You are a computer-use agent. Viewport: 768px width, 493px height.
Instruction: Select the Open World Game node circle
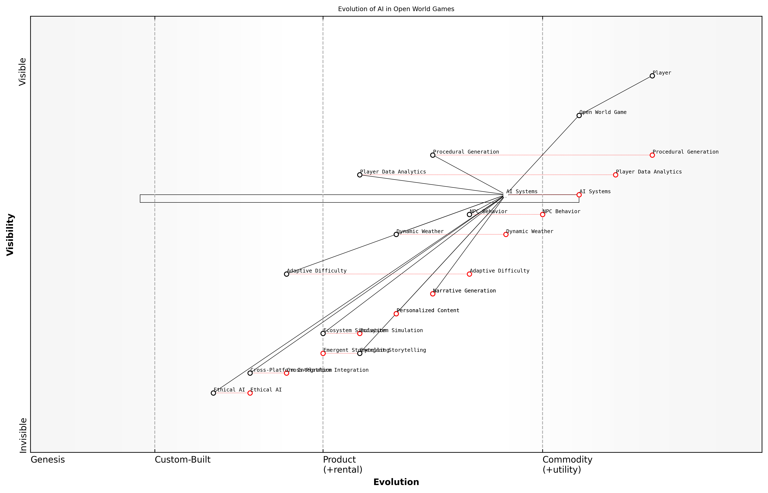579,116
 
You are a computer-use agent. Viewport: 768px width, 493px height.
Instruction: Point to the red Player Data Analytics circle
615,175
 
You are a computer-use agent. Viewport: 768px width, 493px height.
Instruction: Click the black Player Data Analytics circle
360,175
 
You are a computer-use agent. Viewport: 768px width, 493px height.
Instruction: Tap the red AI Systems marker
579,195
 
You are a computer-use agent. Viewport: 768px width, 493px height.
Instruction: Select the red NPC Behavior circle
542,214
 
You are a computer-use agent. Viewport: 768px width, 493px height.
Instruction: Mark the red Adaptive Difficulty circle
469,274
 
